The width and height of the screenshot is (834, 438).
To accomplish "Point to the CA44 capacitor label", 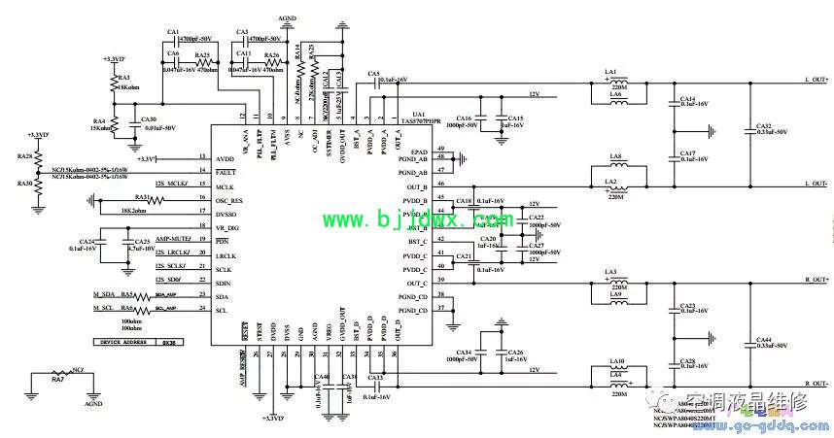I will [763, 340].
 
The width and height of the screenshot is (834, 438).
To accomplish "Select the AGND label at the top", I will [288, 17].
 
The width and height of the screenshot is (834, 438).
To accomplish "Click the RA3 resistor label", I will [123, 77].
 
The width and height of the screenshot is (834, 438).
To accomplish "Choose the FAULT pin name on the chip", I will [225, 171].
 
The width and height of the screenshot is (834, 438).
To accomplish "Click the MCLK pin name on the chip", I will [225, 185].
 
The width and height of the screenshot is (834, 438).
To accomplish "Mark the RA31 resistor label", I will [142, 196].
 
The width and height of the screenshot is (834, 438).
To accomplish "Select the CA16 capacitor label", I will [463, 117].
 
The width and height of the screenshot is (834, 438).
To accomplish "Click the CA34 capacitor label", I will [463, 352].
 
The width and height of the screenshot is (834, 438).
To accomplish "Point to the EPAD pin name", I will [420, 152].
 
